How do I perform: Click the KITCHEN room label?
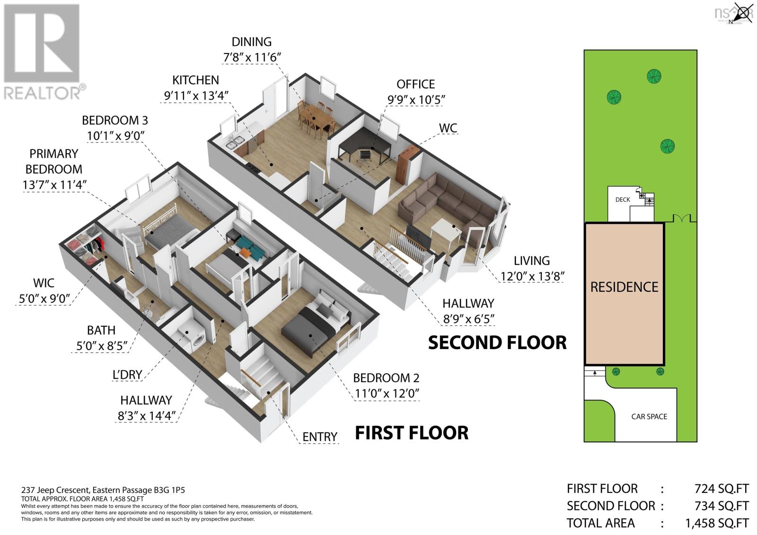[195, 80]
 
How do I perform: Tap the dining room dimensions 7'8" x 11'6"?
[252, 57]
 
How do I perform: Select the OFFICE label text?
[415, 84]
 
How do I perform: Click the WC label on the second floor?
[448, 128]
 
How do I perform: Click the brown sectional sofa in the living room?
[445, 201]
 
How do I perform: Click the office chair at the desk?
[365, 156]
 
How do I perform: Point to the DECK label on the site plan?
[623, 200]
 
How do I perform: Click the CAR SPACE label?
[649, 417]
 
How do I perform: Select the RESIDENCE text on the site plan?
[624, 287]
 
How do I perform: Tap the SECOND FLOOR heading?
[497, 342]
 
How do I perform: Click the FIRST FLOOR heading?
[412, 433]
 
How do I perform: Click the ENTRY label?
[320, 437]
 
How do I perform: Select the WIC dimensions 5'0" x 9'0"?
[44, 299]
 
